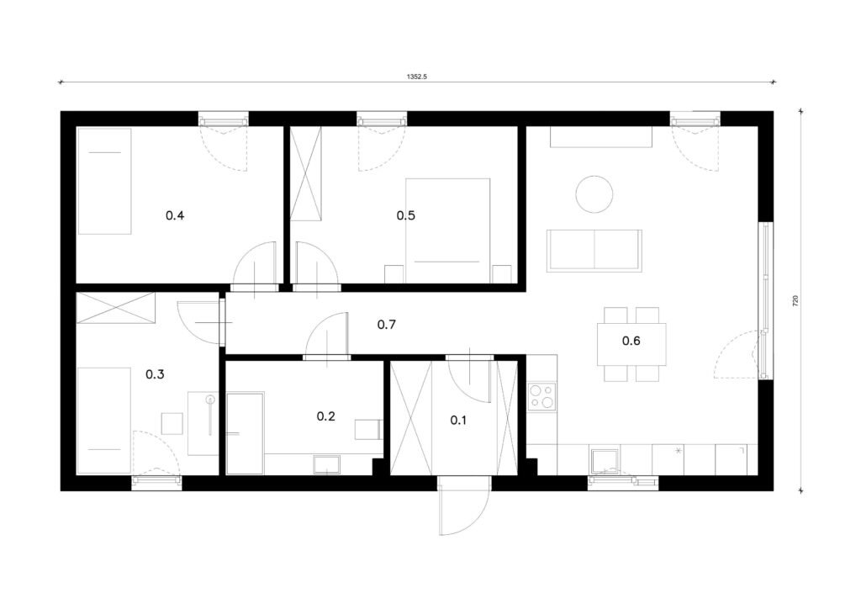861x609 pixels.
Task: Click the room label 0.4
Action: click(x=175, y=215)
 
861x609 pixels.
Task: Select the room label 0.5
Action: click(x=406, y=215)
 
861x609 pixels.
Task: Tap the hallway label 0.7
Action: click(x=387, y=325)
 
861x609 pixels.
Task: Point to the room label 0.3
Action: click(x=155, y=374)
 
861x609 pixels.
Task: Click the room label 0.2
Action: click(x=325, y=416)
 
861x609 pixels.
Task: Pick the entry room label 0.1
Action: click(x=458, y=421)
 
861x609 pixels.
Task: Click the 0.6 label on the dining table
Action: click(x=631, y=341)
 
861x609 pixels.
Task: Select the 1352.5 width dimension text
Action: click(x=417, y=77)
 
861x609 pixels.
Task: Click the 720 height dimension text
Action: click(x=795, y=301)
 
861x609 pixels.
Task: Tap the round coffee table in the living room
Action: click(x=594, y=193)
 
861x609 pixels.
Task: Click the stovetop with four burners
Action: click(x=542, y=396)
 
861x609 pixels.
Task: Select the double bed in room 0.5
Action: click(x=447, y=230)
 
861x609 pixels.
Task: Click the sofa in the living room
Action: click(x=594, y=251)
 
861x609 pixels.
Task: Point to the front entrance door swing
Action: click(x=464, y=506)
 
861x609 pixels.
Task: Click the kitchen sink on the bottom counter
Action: click(x=604, y=461)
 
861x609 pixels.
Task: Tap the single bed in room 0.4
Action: click(x=104, y=181)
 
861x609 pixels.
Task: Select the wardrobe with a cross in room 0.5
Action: click(x=306, y=173)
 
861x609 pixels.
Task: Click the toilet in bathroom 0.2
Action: click(x=368, y=429)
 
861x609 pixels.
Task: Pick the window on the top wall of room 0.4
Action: click(x=223, y=119)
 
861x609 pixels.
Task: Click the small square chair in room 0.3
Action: click(x=172, y=424)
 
